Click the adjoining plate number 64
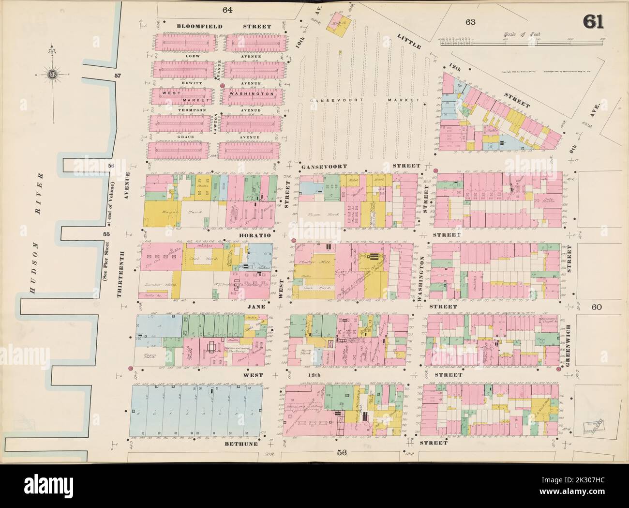point(227,10)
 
